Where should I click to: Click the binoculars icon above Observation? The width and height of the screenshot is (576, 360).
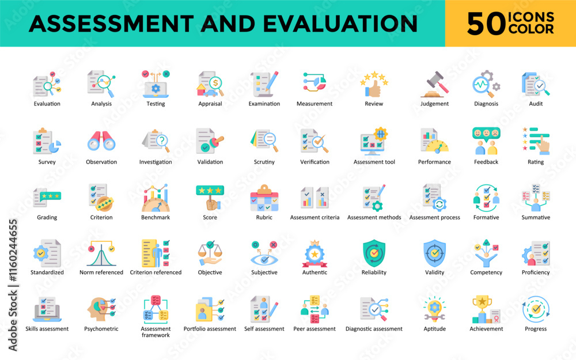(x=101, y=141)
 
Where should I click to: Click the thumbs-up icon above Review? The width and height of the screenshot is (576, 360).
(x=374, y=85)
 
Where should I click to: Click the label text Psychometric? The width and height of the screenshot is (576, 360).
(x=101, y=329)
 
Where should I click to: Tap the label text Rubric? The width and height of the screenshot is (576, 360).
(x=264, y=218)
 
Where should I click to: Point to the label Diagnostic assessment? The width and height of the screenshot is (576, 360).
(x=374, y=329)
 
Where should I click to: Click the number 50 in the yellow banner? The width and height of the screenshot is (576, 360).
(x=486, y=24)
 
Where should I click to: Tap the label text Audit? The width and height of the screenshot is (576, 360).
(x=536, y=104)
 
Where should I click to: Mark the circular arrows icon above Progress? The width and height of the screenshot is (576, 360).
(x=536, y=309)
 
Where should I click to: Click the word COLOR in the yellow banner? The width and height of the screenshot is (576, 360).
(x=530, y=29)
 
